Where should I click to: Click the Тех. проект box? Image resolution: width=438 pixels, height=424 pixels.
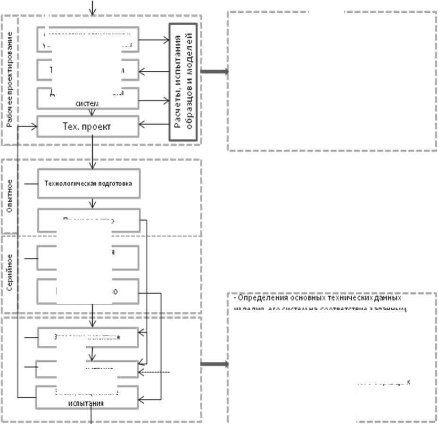(x=88, y=126)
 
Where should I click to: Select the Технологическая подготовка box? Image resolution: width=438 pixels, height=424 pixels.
(x=88, y=183)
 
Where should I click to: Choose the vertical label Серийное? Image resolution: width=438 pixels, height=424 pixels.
(x=10, y=272)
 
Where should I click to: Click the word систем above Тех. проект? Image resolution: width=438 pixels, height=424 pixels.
(x=88, y=103)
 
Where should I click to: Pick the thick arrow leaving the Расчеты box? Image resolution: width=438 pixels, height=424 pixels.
(x=215, y=72)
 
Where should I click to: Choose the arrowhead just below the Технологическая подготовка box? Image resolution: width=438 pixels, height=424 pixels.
(x=93, y=204)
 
